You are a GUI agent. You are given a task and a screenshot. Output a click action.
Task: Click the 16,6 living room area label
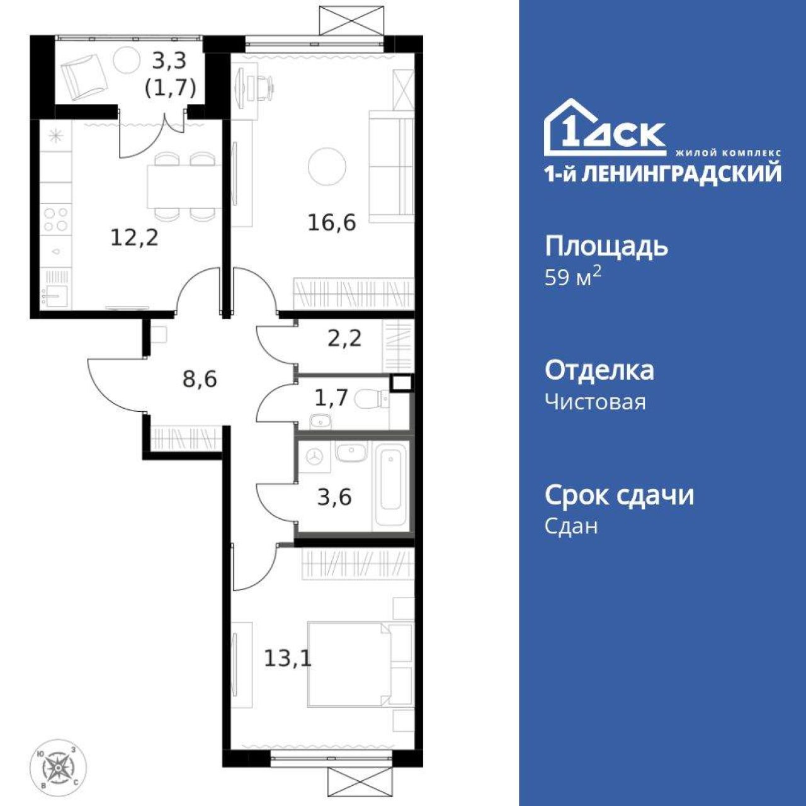pos(332,223)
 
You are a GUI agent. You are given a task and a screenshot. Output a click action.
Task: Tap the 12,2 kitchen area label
pos(135,239)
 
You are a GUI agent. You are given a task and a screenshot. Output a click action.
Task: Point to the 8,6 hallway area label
pos(200,379)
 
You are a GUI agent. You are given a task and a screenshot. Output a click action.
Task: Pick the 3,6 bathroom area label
pos(334,497)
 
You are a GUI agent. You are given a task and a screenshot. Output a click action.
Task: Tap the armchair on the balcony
pos(83,76)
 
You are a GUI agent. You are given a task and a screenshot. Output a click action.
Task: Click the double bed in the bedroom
pos(360,664)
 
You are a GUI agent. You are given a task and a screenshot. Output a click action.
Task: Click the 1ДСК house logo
pos(604,128)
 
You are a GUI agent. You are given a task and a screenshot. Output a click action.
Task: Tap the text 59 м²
pos(574,277)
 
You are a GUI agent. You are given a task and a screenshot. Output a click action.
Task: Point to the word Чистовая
pos(595,402)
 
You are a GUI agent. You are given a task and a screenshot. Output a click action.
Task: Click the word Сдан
pos(571,526)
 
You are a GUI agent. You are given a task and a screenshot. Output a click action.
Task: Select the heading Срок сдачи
pos(620,495)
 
